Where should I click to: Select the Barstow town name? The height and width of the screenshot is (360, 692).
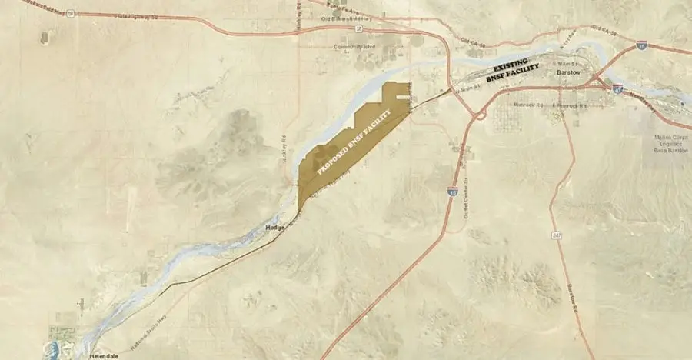(x=570, y=72)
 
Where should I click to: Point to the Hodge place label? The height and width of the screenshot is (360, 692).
(x=274, y=228)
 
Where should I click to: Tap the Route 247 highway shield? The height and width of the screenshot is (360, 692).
(x=554, y=234)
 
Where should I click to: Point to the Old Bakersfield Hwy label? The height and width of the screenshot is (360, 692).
(x=351, y=30)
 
